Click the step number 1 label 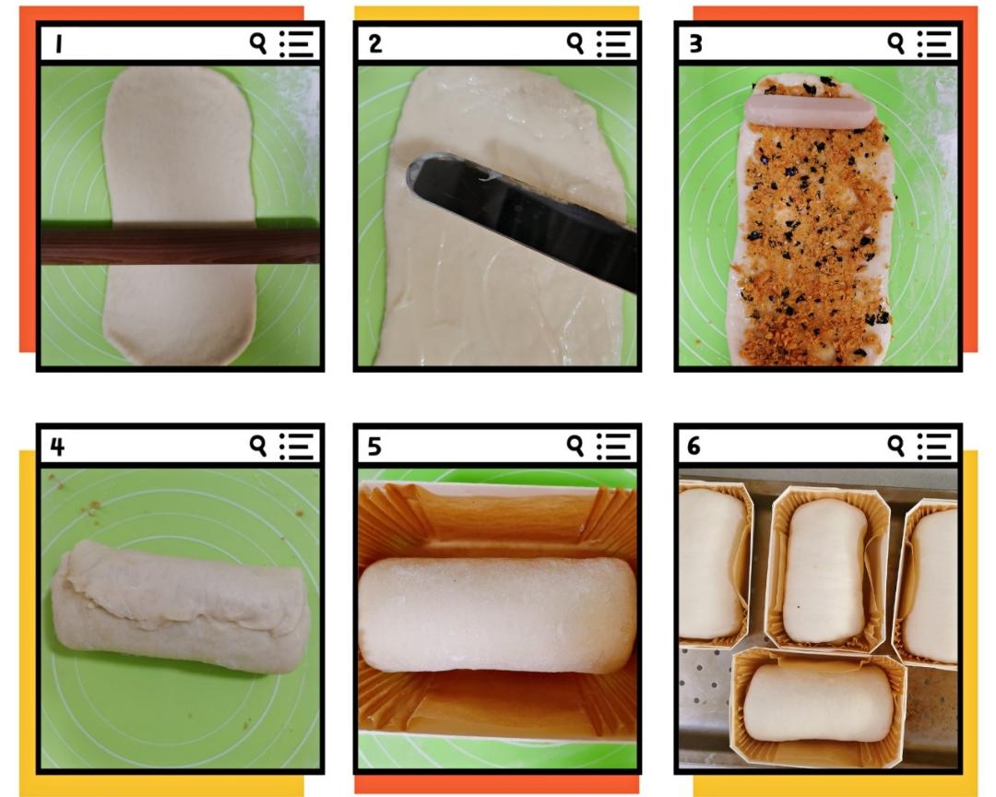pos(58,44)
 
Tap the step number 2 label pos(374,44)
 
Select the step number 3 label pos(695,44)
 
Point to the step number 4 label pos(57,446)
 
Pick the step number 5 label pos(374,446)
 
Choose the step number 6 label pos(694,446)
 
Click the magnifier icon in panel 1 pos(258,44)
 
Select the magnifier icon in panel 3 pos(895,44)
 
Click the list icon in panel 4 pos(296,446)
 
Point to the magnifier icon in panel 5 pos(575,446)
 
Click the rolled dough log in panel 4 pos(181,607)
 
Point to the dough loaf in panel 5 pos(497,614)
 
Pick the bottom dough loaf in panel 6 pos(818,702)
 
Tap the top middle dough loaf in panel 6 pos(824,571)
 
